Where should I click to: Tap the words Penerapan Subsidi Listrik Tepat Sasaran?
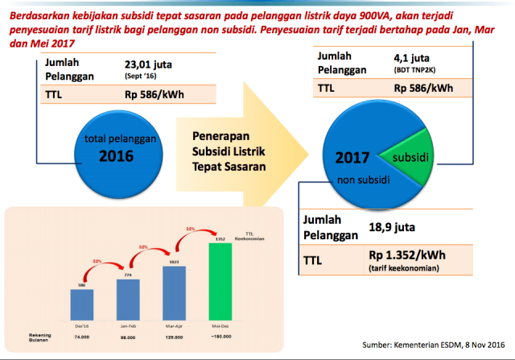pyautogui.click(x=229, y=147)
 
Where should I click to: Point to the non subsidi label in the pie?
pyautogui.click(x=357, y=180)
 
